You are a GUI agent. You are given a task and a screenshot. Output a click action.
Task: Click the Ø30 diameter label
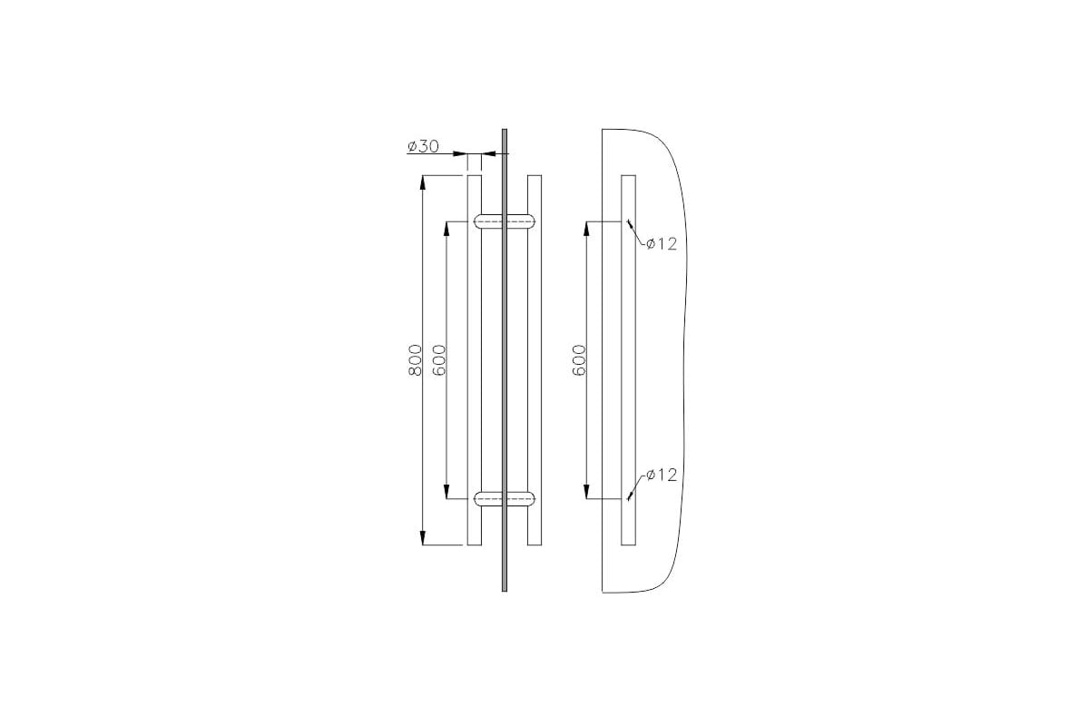coord(423,146)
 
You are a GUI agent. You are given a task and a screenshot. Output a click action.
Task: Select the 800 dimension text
coord(415,360)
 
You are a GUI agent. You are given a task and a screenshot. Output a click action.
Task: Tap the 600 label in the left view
coord(439,360)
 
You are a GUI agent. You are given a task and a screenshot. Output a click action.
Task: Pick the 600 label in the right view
coord(579,360)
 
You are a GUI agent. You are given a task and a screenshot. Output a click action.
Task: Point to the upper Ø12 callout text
coord(662,243)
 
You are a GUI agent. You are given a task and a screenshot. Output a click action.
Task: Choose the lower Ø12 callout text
coord(662,475)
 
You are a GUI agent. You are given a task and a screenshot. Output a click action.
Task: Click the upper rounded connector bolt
coord(505,221)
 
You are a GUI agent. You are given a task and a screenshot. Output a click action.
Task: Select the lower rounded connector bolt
coord(505,499)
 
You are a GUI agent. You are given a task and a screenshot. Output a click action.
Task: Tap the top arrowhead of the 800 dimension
coord(423,182)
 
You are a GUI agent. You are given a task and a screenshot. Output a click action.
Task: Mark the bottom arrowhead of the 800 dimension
coord(423,538)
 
